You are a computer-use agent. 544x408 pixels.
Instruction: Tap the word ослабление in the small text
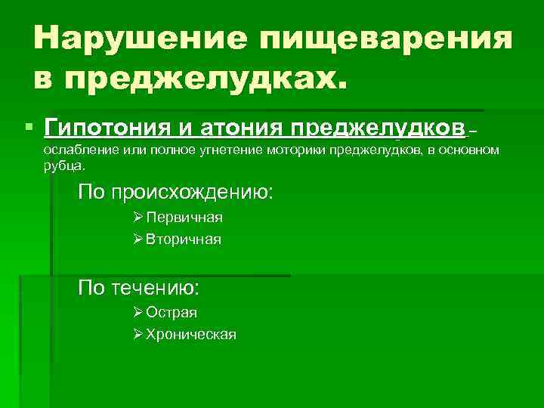pyautogui.click(x=76, y=150)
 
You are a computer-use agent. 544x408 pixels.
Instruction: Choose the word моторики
pyautogui.click(x=291, y=150)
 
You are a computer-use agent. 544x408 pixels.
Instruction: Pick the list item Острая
pyautogui.click(x=172, y=312)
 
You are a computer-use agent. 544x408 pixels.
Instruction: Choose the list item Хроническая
pyautogui.click(x=191, y=334)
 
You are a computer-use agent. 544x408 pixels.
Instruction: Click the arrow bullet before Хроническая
pyautogui.click(x=137, y=334)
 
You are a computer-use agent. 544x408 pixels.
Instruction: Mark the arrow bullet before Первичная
pyautogui.click(x=137, y=218)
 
